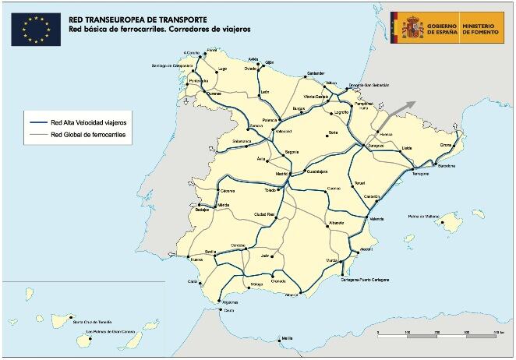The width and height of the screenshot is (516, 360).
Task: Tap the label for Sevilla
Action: coord(210,251)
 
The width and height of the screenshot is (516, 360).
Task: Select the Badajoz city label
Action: coord(203,210)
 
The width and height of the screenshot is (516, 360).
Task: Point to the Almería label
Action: coord(292,295)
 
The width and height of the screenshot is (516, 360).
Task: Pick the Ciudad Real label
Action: coord(266,214)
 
